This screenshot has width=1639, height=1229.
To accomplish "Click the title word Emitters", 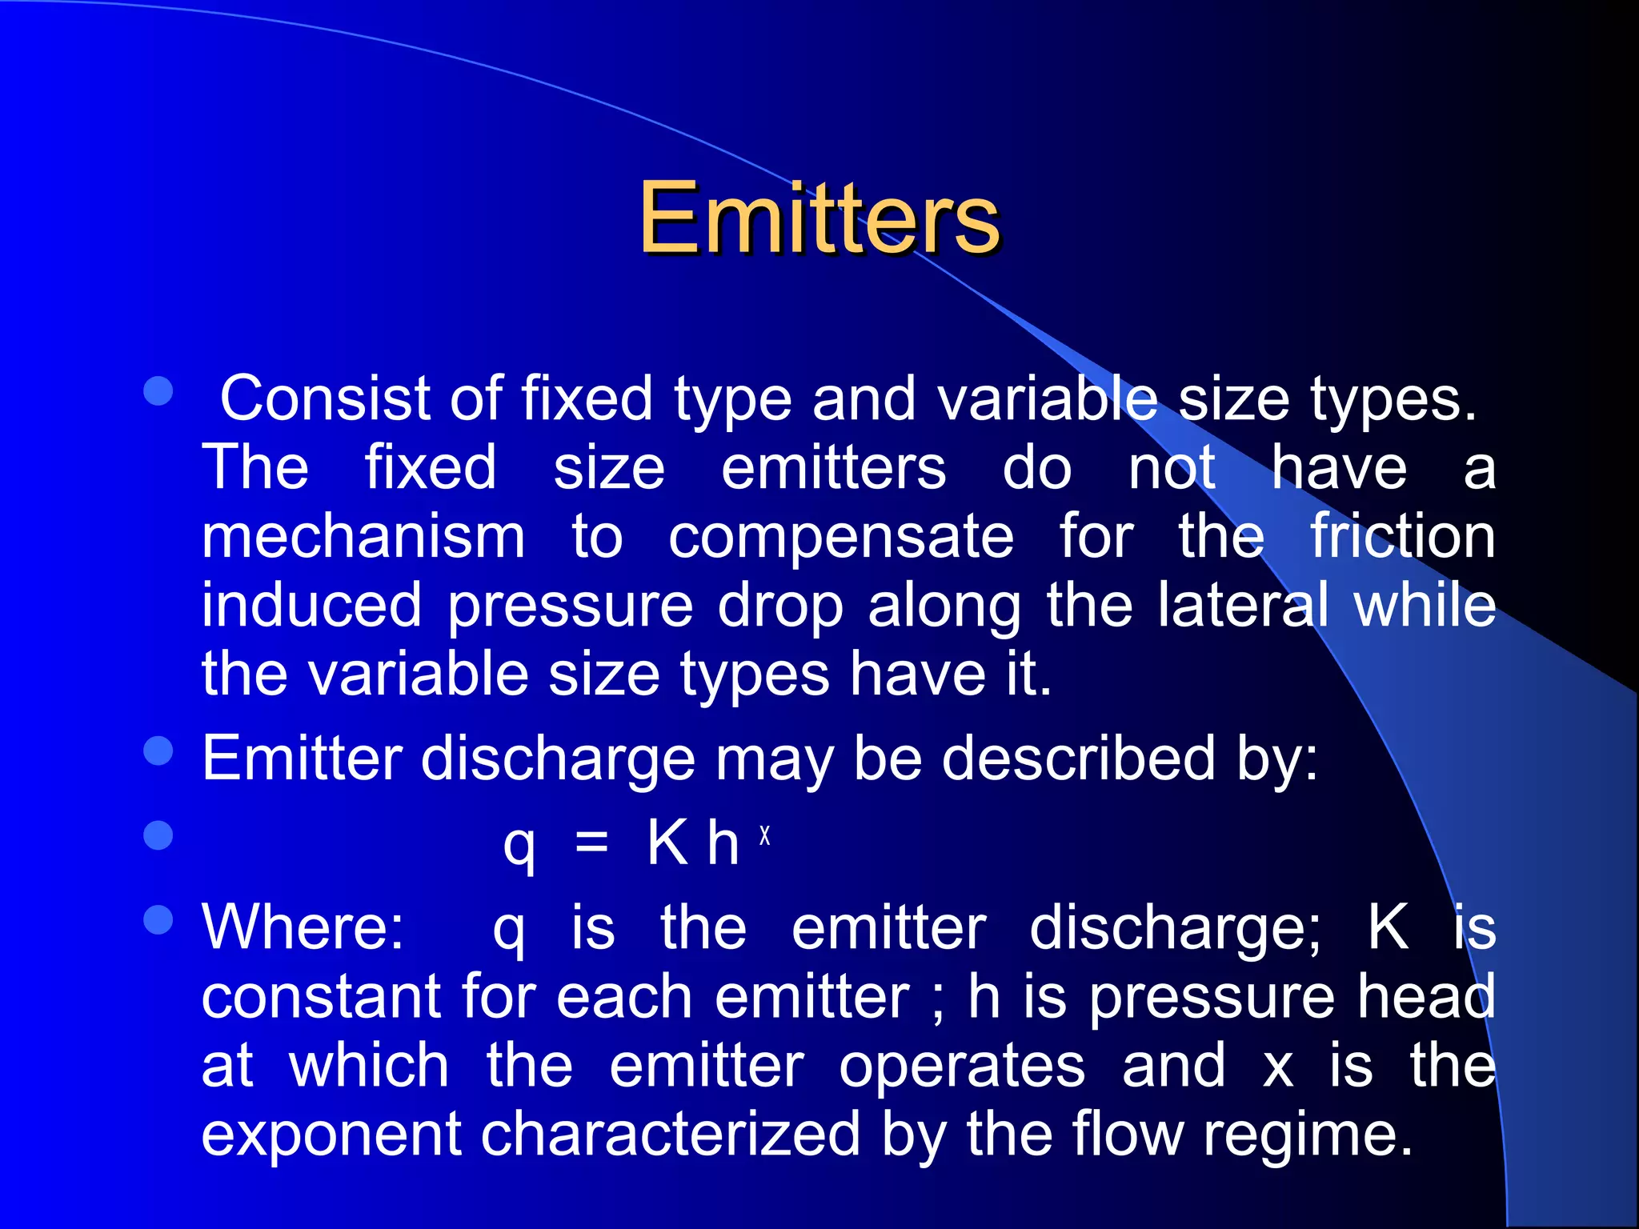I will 819,218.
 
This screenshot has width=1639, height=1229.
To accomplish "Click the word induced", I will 311,605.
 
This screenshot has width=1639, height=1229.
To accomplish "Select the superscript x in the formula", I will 765,836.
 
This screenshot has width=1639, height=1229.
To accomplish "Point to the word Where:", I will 303,928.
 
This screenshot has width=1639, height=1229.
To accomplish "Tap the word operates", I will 962,1067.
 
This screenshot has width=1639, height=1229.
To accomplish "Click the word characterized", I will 670,1135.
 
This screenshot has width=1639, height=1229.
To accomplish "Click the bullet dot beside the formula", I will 158,835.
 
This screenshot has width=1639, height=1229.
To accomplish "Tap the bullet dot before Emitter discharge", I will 158,751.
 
